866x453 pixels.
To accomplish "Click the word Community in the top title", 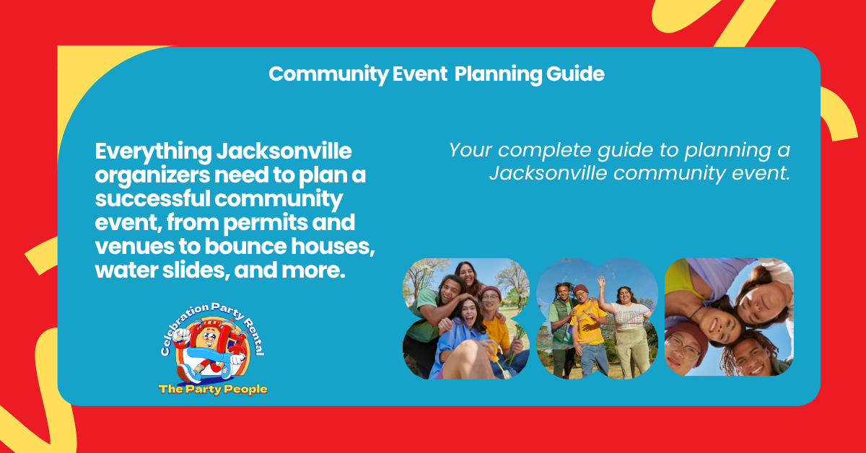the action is click(x=328, y=74).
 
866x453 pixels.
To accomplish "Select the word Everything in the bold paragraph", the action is click(x=154, y=152).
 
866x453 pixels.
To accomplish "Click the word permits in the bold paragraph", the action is click(x=266, y=223).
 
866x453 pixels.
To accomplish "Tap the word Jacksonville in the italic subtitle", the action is click(x=548, y=173).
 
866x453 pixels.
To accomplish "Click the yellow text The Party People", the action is click(x=213, y=390).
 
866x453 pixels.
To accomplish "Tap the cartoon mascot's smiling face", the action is click(x=209, y=338).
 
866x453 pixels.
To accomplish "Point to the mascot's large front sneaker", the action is click(x=188, y=373).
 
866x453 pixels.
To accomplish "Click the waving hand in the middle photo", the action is click(x=601, y=282).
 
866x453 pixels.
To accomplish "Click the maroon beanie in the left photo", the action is click(x=491, y=292).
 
